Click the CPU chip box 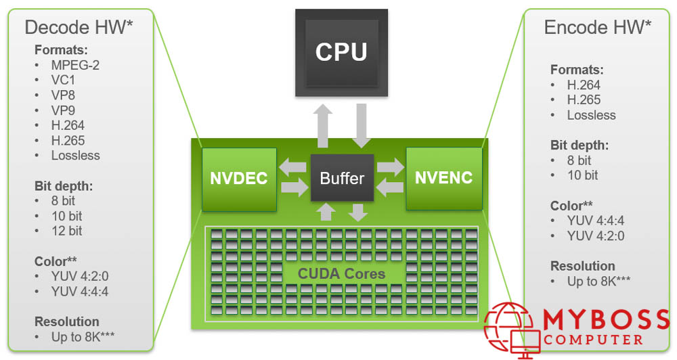(x=341, y=51)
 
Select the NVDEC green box (x=239, y=179)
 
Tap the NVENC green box (x=444, y=179)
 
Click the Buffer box (x=342, y=179)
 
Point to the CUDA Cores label (x=341, y=274)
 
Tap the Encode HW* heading (x=598, y=27)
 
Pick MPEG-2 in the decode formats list (x=75, y=66)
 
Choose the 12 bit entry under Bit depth (x=66, y=231)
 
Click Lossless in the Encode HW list (x=591, y=115)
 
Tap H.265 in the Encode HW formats (x=584, y=100)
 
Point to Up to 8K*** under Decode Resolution (x=75, y=336)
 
